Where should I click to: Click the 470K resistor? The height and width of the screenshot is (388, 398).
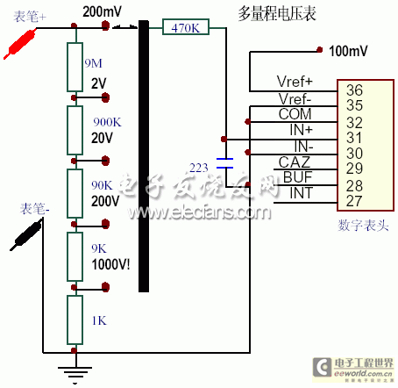click(x=187, y=29)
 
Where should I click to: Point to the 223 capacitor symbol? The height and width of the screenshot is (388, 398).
click(x=226, y=165)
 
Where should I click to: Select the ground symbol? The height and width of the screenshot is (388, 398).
click(x=74, y=372)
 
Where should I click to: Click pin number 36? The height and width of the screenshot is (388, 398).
click(x=355, y=90)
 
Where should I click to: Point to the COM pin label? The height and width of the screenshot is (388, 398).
click(x=295, y=114)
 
